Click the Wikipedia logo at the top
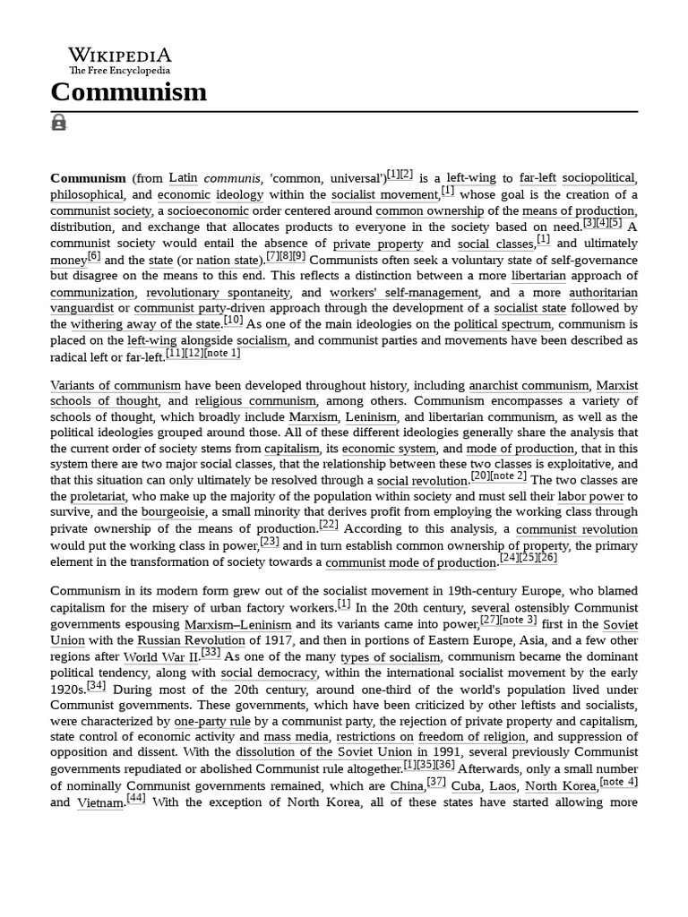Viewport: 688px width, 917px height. click(x=119, y=61)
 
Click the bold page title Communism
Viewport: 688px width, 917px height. click(x=128, y=92)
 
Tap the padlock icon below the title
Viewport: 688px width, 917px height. click(x=59, y=123)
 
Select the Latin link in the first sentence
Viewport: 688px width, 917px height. click(x=183, y=178)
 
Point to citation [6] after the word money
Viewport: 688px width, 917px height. click(x=94, y=255)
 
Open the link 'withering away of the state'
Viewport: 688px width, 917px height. click(x=145, y=324)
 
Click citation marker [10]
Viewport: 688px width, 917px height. click(x=233, y=320)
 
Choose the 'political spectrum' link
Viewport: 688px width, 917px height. click(x=502, y=324)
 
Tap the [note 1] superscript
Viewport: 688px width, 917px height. click(x=222, y=353)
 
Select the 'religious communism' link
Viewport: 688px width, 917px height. click(x=255, y=401)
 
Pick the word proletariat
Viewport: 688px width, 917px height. click(x=82, y=496)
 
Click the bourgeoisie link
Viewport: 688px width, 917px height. click(x=174, y=512)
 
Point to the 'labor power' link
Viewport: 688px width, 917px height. click(x=590, y=496)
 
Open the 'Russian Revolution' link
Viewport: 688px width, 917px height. click(x=191, y=640)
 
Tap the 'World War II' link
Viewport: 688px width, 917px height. click(x=161, y=656)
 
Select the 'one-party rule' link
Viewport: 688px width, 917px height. click(x=211, y=721)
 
